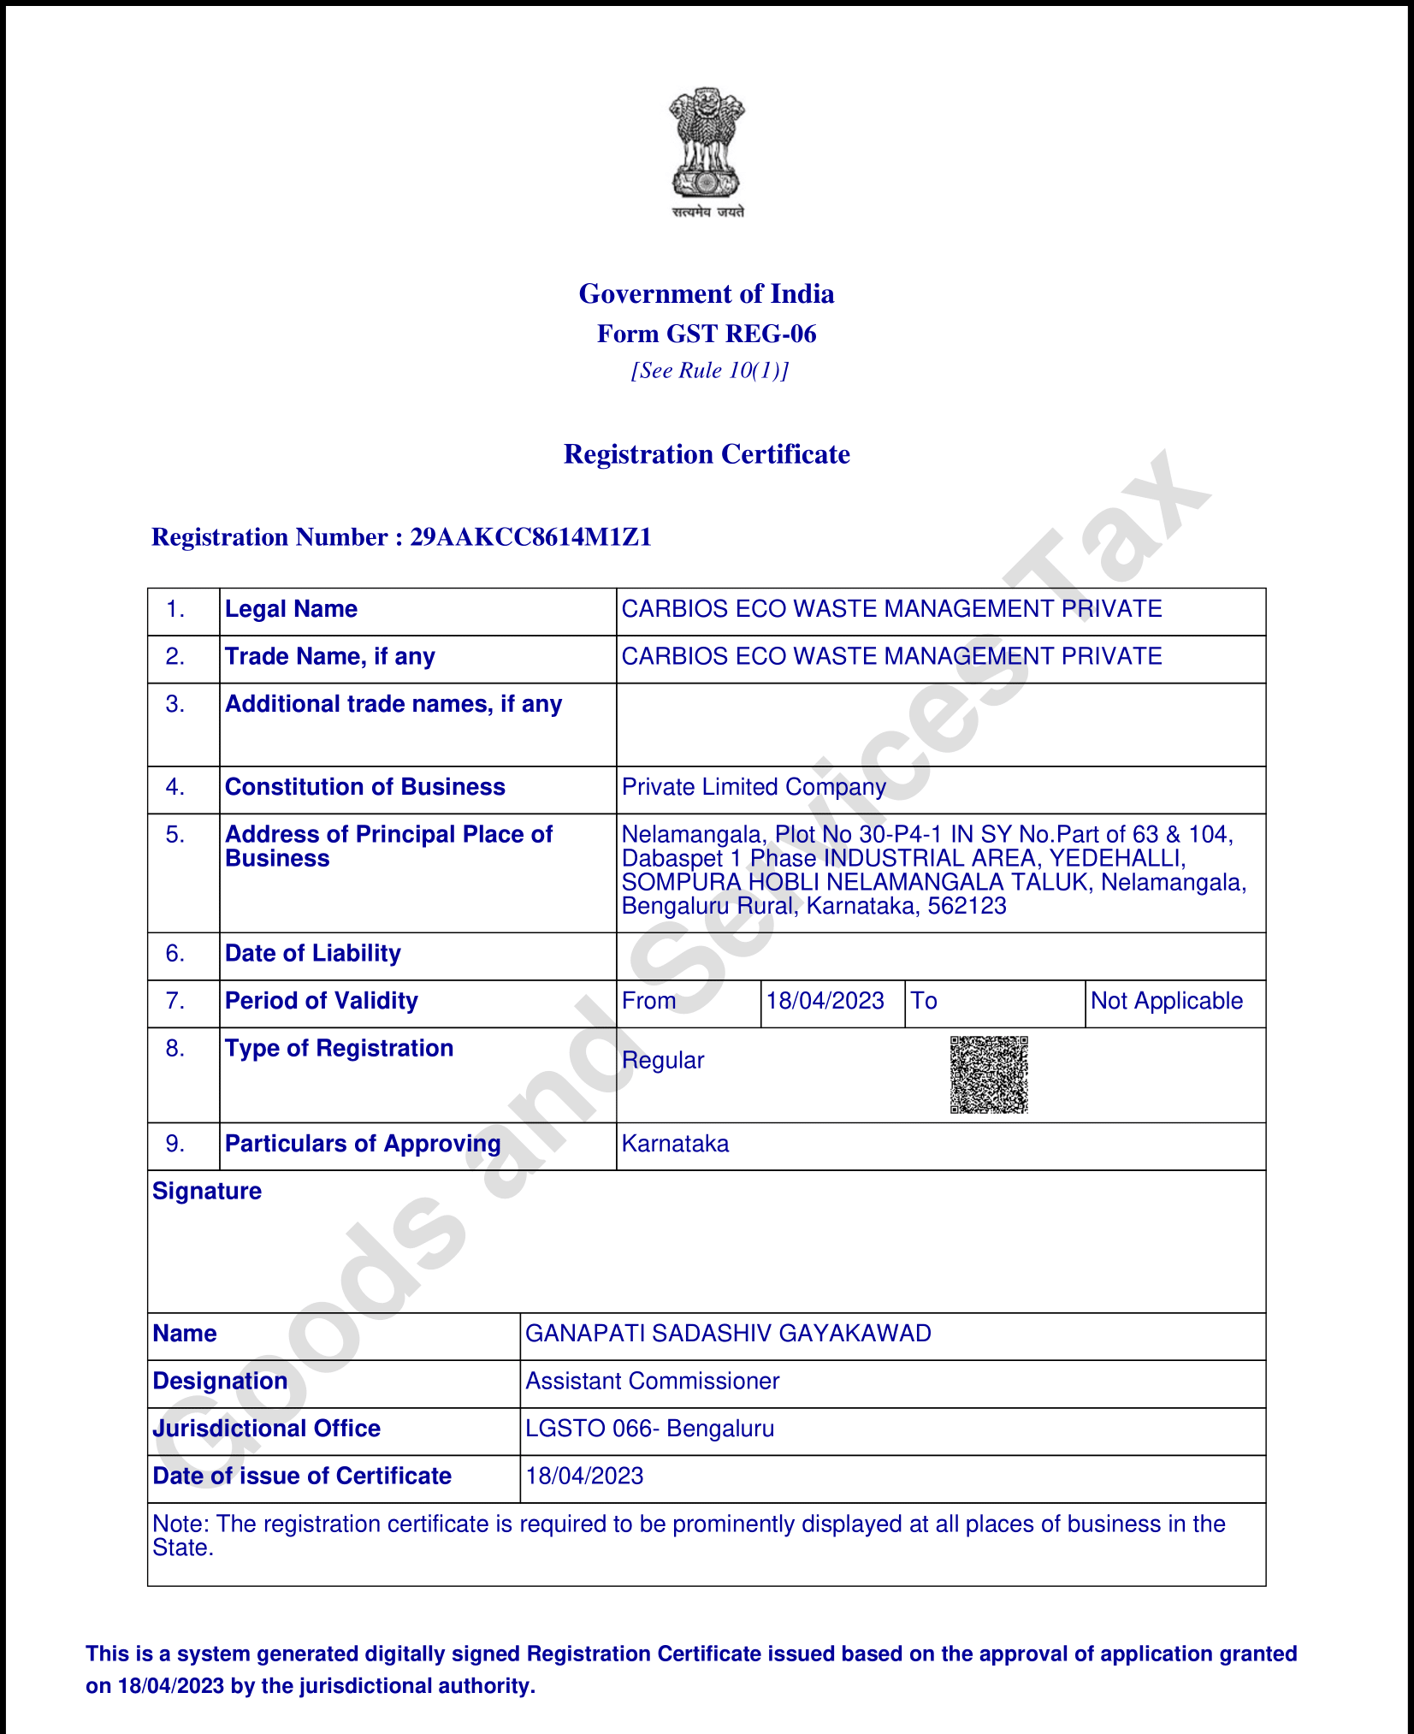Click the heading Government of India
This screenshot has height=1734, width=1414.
click(x=707, y=293)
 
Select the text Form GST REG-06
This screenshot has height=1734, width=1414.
click(x=707, y=334)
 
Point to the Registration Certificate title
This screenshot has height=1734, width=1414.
click(x=707, y=454)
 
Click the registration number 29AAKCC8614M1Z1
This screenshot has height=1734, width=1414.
click(x=530, y=537)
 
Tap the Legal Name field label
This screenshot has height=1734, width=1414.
click(x=291, y=609)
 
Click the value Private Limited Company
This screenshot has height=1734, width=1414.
click(x=754, y=787)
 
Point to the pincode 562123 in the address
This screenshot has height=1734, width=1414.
click(x=967, y=906)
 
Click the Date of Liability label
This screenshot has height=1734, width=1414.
click(x=312, y=954)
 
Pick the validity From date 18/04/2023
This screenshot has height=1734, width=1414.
click(x=825, y=1001)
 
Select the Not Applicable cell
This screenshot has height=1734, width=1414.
click(x=1167, y=1001)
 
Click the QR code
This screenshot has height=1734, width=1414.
click(x=989, y=1075)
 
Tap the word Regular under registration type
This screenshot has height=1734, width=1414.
click(x=663, y=1061)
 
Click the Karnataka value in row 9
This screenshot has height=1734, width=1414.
click(x=675, y=1144)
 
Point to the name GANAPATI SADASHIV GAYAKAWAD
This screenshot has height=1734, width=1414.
click(x=728, y=1334)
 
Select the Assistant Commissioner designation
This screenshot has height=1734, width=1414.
click(x=652, y=1382)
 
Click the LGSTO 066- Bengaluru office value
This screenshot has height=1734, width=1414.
click(x=649, y=1429)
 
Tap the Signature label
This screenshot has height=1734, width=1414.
click(x=207, y=1192)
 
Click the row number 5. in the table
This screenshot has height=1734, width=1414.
click(x=175, y=835)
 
